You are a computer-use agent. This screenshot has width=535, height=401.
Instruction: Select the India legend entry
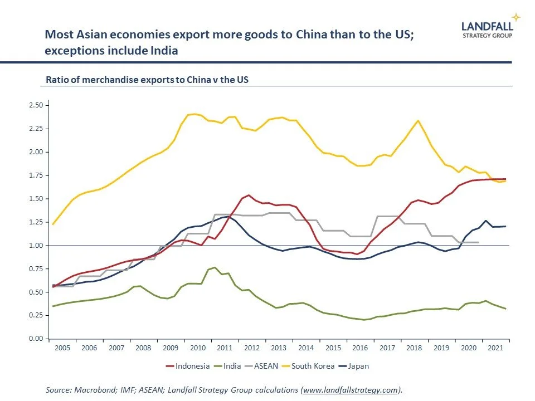(x=232, y=366)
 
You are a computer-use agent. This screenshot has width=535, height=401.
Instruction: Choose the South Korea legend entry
(x=313, y=366)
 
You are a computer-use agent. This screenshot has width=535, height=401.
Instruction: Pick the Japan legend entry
(x=358, y=366)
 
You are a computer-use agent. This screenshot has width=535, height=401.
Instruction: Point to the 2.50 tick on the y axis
(x=35, y=105)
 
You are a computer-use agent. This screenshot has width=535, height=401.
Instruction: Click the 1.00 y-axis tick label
(x=35, y=246)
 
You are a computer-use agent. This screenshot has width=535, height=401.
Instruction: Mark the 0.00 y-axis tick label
(x=35, y=339)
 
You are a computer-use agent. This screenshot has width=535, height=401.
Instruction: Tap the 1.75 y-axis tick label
(x=35, y=175)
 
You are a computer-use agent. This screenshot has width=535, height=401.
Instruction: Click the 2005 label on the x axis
(x=62, y=348)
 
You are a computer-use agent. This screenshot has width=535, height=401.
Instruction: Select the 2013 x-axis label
(x=279, y=348)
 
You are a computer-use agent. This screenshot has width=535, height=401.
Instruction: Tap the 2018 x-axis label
(x=414, y=348)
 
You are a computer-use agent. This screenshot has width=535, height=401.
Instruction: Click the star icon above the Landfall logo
(x=515, y=17)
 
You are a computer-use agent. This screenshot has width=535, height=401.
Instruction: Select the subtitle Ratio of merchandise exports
(x=147, y=80)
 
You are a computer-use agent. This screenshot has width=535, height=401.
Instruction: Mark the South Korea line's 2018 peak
(x=418, y=121)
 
